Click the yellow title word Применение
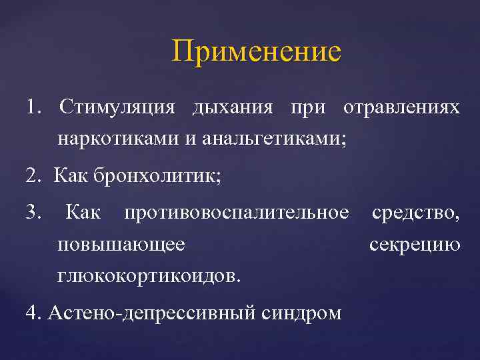[256, 51]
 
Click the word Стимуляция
[117, 107]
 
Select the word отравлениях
[401, 107]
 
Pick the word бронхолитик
[154, 177]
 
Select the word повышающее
[121, 244]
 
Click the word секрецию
[415, 244]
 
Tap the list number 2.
[31, 177]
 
